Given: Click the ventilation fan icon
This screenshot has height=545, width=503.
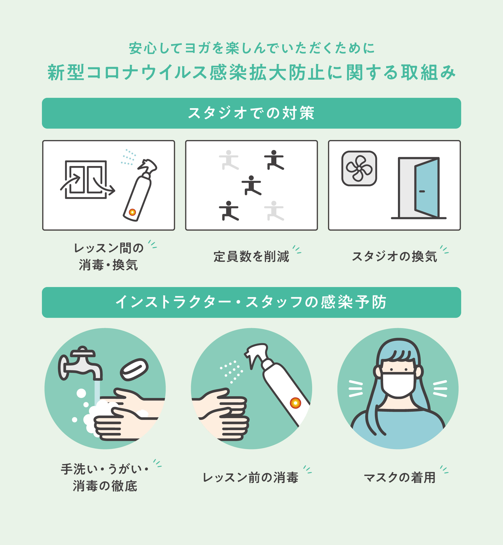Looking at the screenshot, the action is coord(359,168).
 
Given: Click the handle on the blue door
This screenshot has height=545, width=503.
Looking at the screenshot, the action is coord(422,191).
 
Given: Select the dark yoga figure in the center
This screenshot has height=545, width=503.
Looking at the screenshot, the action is coord(251,185).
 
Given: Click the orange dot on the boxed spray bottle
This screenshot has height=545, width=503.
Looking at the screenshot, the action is coord(132,212).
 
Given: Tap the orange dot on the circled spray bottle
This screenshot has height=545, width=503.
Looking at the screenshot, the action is coord(295,403).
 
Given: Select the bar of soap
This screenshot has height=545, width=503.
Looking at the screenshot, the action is coord(134,369).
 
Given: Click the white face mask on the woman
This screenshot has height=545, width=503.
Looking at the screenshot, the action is coord(398,384).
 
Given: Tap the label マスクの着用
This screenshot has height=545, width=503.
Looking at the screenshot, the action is coord(400,478).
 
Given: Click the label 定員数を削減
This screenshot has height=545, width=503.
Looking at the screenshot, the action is coord(251,257).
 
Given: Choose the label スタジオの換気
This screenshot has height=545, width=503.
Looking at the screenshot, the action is coord(394,257).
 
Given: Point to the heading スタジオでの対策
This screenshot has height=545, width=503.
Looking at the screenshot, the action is coord(251,113).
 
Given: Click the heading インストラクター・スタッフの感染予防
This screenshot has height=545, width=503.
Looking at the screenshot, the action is coord(251,302).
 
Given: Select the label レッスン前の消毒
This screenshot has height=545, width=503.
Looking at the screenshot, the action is coord(251,478).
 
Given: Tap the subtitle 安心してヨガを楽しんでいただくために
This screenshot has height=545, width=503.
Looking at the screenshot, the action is coord(251,48).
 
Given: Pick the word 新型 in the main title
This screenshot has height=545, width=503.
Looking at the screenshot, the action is coord(66,72).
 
